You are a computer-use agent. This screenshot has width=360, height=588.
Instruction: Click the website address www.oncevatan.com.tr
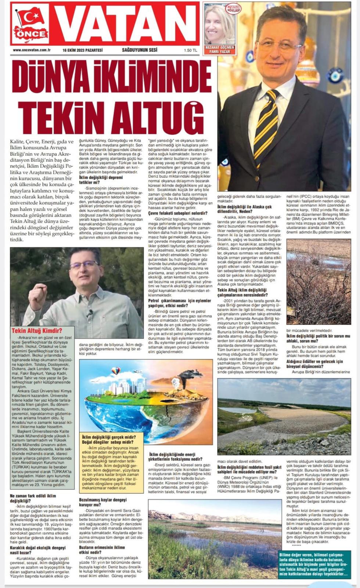pyautogui.click(x=32, y=50)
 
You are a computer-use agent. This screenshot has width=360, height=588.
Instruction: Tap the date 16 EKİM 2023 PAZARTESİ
pyautogui.click(x=82, y=50)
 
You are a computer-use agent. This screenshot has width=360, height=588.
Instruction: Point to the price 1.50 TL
pyautogui.click(x=190, y=50)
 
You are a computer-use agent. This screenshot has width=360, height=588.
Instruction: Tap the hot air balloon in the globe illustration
pyautogui.click(x=116, y=370)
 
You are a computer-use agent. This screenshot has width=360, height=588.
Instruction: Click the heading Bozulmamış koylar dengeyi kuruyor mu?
pyautogui.click(x=103, y=502)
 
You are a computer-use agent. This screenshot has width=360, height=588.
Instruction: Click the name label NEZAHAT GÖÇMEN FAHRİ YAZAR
pyautogui.click(x=219, y=50)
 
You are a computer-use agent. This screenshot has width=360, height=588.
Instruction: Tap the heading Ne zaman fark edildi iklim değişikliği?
pyautogui.click(x=33, y=498)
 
